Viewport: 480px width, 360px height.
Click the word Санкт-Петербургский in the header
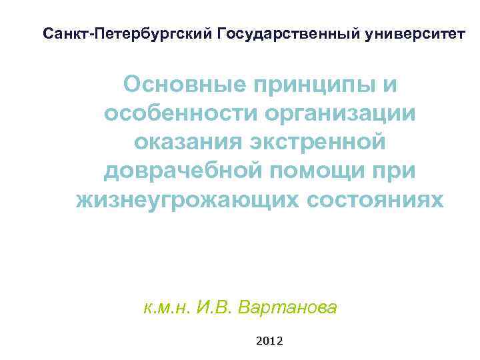126,33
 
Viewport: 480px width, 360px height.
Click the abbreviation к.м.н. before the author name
167,308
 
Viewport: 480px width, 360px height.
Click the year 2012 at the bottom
269,341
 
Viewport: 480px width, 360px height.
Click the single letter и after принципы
391,85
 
